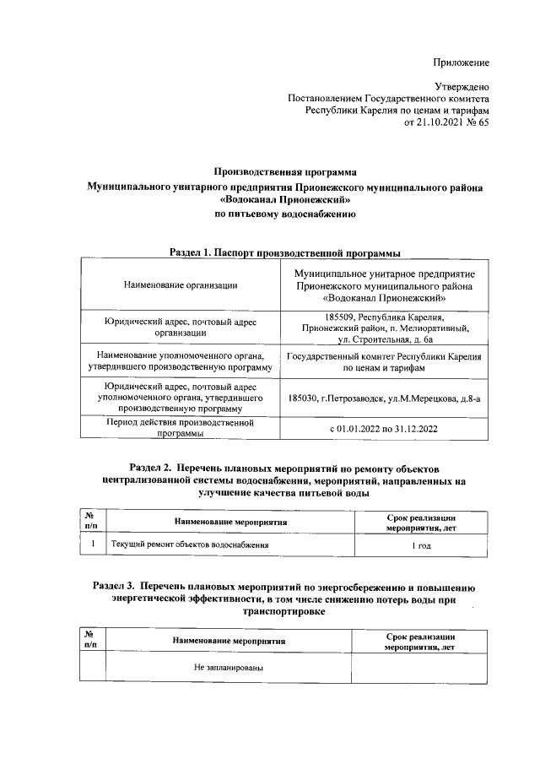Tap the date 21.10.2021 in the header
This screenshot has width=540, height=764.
433,122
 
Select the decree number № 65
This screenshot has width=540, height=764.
476,122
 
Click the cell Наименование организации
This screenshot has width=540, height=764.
180,285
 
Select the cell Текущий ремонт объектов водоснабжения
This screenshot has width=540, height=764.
190,545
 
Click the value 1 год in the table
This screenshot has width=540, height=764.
421,546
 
